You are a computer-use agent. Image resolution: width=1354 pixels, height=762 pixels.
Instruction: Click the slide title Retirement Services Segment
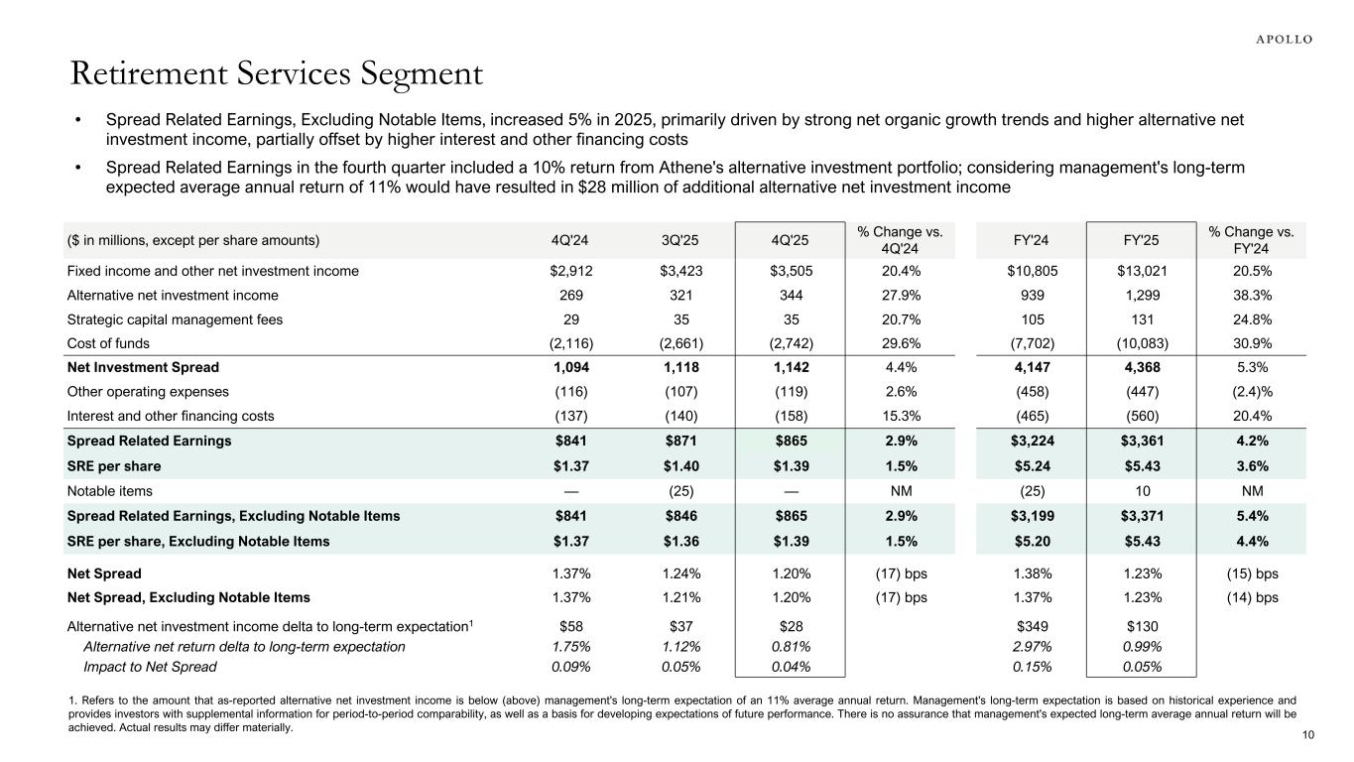coord(277,74)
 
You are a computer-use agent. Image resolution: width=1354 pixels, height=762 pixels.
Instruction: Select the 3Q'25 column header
coord(679,240)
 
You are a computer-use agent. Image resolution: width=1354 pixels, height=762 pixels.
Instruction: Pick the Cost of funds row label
coord(108,343)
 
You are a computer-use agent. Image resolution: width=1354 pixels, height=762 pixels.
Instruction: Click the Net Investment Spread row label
coord(143,367)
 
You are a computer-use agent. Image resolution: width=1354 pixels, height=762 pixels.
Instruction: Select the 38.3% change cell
coord(1252,295)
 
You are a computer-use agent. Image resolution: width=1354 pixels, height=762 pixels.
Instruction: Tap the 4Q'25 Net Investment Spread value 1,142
coord(789,367)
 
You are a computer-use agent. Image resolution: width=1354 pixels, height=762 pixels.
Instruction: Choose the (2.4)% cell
coord(1252,392)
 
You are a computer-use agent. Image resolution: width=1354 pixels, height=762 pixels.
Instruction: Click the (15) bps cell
coord(1252,573)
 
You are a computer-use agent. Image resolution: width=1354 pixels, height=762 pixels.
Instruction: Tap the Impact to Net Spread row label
coord(150,667)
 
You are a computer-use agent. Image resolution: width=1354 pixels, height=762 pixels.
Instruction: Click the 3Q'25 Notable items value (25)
coord(679,490)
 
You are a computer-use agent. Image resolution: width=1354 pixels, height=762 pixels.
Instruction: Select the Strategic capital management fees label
coord(175,319)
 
